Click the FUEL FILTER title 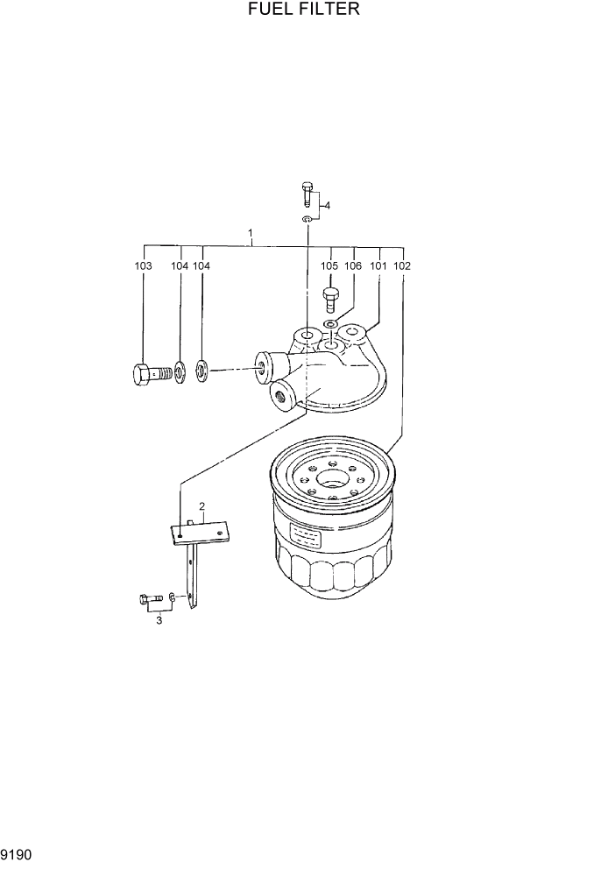(306, 11)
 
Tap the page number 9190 (17, 852)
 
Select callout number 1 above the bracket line (251, 234)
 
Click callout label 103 (144, 265)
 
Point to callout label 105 (329, 265)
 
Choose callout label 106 (353, 265)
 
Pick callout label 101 (378, 265)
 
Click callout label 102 (402, 265)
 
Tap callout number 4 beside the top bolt (327, 206)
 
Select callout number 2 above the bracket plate (201, 506)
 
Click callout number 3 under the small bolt (159, 621)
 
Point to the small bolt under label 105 (330, 300)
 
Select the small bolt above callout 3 (147, 599)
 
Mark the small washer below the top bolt (307, 218)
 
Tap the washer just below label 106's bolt (330, 325)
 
